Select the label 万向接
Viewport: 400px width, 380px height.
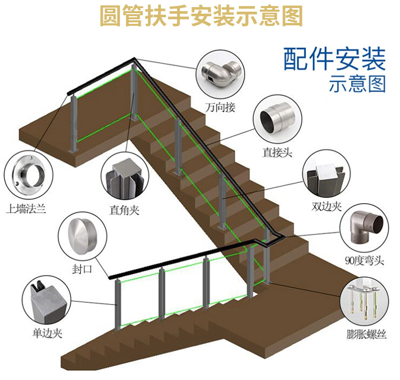(x=221, y=107)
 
